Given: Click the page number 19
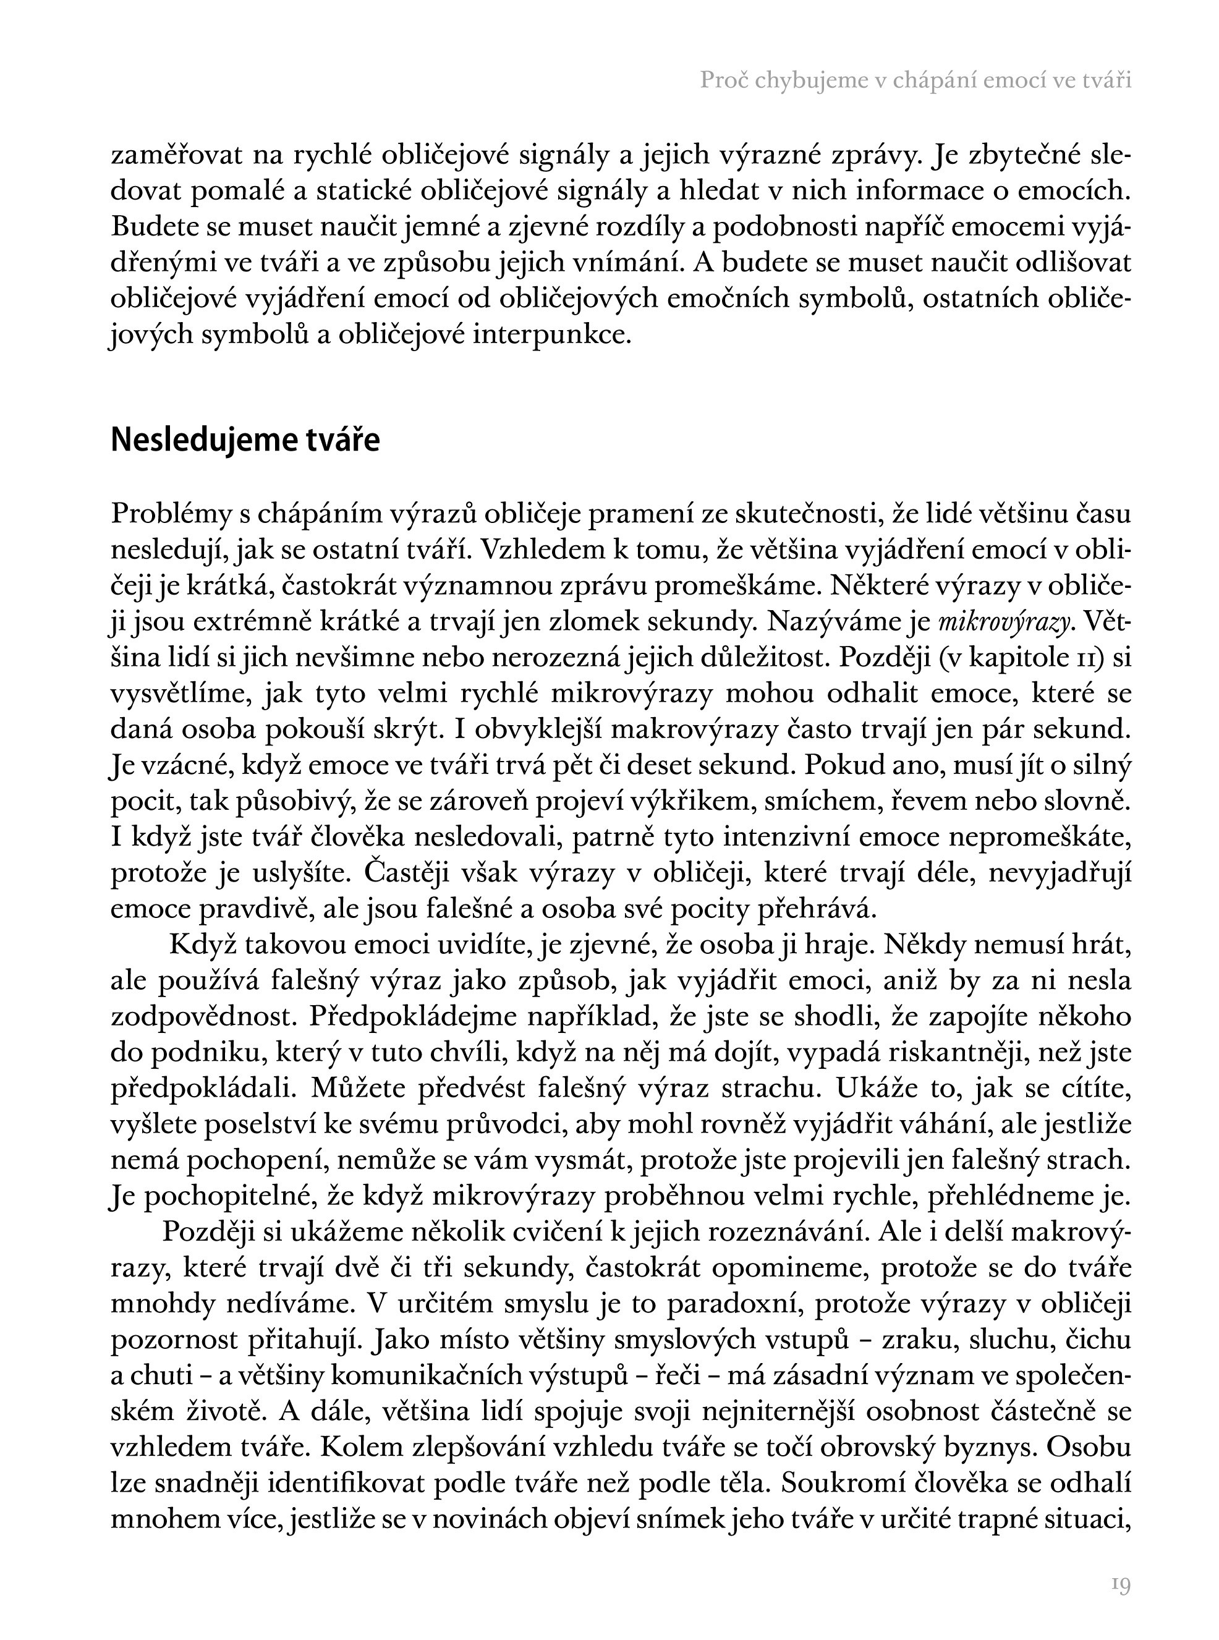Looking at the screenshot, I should (1121, 1584).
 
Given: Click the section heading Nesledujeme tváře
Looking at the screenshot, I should (245, 440).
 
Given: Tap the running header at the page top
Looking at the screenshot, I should (915, 80).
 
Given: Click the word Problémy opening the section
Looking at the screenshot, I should (172, 514).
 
